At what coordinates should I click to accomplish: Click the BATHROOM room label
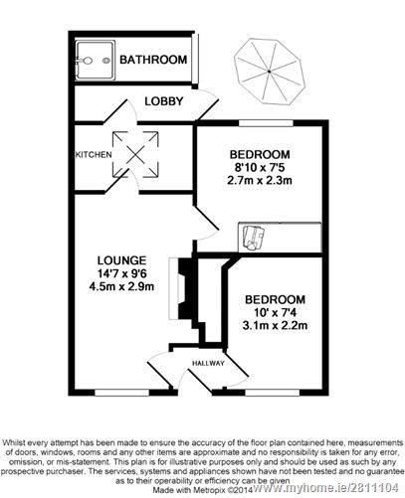[153, 61]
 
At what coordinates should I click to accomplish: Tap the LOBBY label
[159, 101]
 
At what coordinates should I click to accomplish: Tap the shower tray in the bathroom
[94, 59]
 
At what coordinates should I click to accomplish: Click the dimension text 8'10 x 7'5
[260, 168]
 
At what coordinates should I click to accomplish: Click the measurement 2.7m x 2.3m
[260, 182]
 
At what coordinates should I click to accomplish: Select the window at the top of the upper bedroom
[263, 125]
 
